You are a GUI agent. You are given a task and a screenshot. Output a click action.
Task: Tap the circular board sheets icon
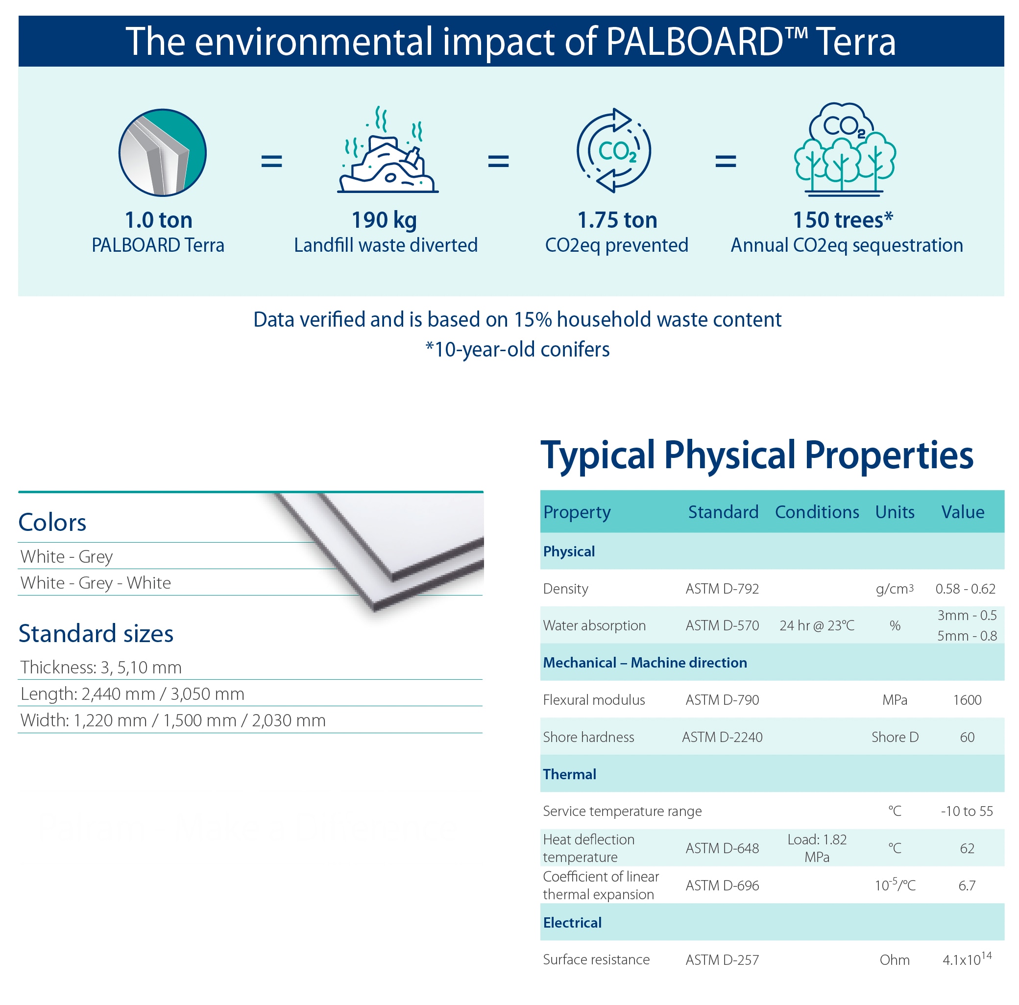click(163, 152)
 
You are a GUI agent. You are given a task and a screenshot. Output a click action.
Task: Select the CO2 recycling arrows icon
click(614, 150)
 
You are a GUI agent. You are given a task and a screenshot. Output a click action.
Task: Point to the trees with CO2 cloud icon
click(845, 149)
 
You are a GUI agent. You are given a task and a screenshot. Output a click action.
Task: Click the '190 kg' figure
click(384, 220)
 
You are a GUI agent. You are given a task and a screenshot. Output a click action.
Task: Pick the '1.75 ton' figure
click(617, 220)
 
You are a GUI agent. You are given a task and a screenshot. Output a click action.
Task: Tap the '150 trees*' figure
click(843, 220)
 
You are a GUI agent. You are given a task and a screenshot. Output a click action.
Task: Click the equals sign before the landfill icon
click(271, 161)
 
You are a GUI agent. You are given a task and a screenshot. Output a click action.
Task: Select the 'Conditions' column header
click(817, 511)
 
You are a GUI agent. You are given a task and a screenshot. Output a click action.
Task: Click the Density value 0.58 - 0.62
click(965, 588)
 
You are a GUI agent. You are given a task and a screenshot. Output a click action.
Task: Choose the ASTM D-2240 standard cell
click(722, 737)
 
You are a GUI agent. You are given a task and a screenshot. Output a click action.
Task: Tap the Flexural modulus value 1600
click(967, 700)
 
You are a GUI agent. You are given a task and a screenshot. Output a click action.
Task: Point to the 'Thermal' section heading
click(569, 774)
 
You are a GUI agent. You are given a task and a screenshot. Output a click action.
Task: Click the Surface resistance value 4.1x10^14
click(967, 958)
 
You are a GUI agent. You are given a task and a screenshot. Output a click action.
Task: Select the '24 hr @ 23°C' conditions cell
click(817, 625)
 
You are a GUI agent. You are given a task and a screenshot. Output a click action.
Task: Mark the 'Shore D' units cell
click(895, 737)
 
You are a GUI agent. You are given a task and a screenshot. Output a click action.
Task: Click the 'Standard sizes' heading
click(96, 633)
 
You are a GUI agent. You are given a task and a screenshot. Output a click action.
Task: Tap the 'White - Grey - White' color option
click(96, 583)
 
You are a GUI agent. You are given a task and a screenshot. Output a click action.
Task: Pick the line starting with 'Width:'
click(173, 720)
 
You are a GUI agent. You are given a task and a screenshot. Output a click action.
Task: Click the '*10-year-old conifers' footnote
click(517, 349)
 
